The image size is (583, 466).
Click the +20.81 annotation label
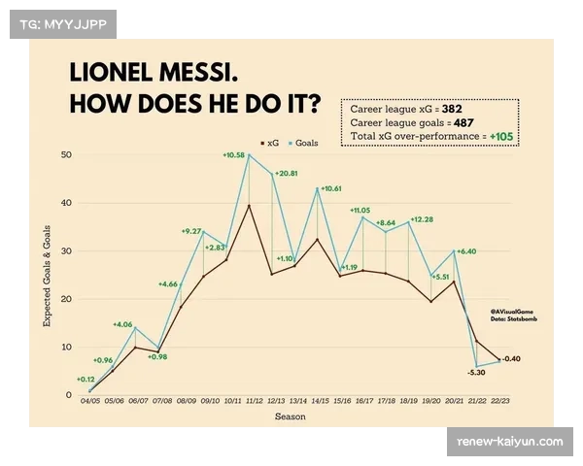287,173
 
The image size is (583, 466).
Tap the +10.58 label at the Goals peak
235,155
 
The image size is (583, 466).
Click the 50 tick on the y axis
66,155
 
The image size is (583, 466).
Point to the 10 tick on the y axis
66,347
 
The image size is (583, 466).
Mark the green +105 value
502,138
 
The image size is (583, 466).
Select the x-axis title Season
289,416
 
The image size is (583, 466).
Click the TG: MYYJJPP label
61,22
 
